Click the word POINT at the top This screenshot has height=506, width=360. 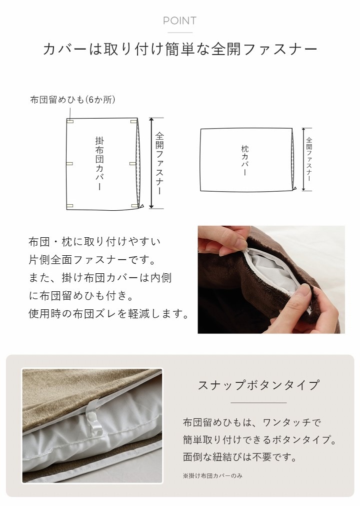tap(179, 21)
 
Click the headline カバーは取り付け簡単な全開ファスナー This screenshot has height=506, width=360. tap(179, 49)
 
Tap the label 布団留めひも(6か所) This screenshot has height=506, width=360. tap(73, 100)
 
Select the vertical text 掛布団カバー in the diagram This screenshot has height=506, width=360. tap(99, 163)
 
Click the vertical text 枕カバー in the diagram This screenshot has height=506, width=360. tap(244, 160)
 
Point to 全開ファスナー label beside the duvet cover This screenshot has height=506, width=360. tap(159, 163)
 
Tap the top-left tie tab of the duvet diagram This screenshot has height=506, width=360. tap(70, 121)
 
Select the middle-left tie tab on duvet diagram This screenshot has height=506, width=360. tap(70, 163)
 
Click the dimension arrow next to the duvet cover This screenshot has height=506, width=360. tap(151, 163)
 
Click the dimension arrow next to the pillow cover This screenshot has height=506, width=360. tap(302, 159)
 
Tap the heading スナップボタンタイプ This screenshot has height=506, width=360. tap(258, 385)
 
